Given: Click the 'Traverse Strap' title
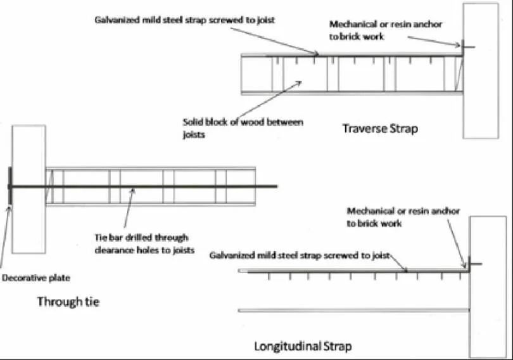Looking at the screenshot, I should pyautogui.click(x=380, y=129).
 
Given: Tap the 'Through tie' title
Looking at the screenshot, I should pyautogui.click(x=68, y=301).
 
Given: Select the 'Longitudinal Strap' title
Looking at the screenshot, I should pyautogui.click(x=303, y=346).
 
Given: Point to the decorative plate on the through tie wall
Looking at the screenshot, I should pyautogui.click(x=9, y=186).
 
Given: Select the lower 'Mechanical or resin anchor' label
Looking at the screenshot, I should pyautogui.click(x=403, y=217).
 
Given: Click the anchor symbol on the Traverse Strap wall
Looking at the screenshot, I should pyautogui.click(x=465, y=46).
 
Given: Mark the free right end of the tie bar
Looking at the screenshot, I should pyautogui.click(x=276, y=186).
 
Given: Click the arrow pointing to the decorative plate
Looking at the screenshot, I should pyautogui.click(x=5, y=235).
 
